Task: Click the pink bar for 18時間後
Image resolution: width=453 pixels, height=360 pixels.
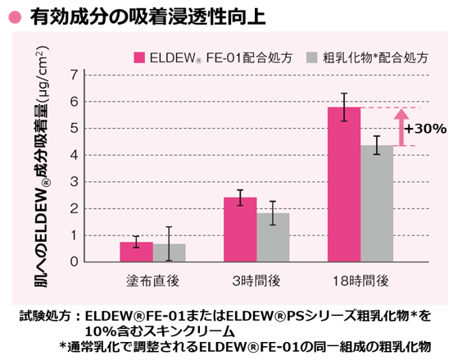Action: point(344,185)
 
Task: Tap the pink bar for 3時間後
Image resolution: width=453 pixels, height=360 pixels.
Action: point(240,230)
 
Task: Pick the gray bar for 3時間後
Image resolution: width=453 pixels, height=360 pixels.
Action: point(273,237)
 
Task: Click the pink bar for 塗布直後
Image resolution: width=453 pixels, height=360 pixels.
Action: point(136,252)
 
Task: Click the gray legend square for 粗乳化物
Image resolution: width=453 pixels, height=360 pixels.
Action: point(311,57)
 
